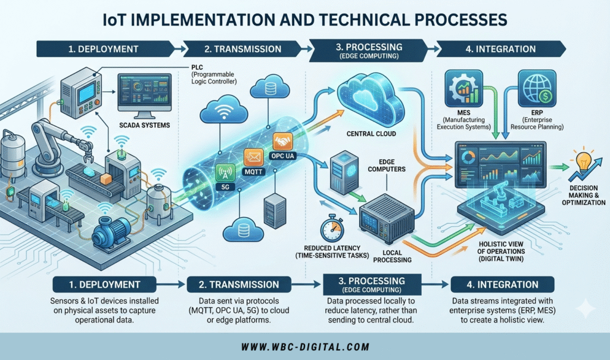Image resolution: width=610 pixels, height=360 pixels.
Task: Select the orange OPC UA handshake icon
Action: point(281,141)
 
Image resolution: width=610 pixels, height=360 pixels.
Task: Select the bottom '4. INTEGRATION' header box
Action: point(503,284)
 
